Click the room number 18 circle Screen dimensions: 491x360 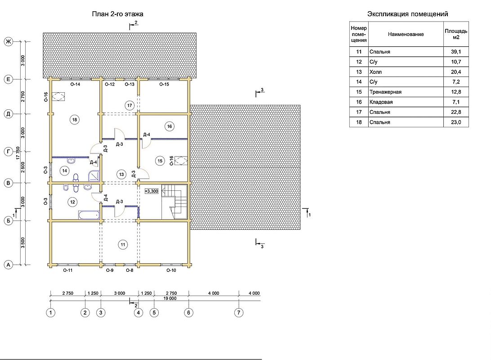pos(75,119)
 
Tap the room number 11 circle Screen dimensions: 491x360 pos(123,245)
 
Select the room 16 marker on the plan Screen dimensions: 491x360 pos(170,126)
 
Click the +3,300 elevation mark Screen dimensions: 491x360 pos(152,191)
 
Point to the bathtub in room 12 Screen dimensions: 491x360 pos(89,215)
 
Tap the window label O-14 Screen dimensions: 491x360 pos(75,84)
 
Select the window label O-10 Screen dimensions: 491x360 pos(171,270)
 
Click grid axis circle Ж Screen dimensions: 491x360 pos(9,42)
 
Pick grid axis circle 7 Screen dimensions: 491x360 pos(239,312)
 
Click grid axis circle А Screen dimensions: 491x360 pos(9,265)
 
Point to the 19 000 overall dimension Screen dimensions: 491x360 pos(170,298)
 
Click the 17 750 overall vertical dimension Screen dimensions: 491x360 pos(18,153)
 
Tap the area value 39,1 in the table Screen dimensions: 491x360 pos(456,52)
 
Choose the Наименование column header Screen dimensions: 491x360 pos(406,34)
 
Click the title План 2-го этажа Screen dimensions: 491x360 pos(118,14)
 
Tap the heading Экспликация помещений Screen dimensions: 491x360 pos(408,14)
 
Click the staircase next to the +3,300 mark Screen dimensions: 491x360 pos(174,202)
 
